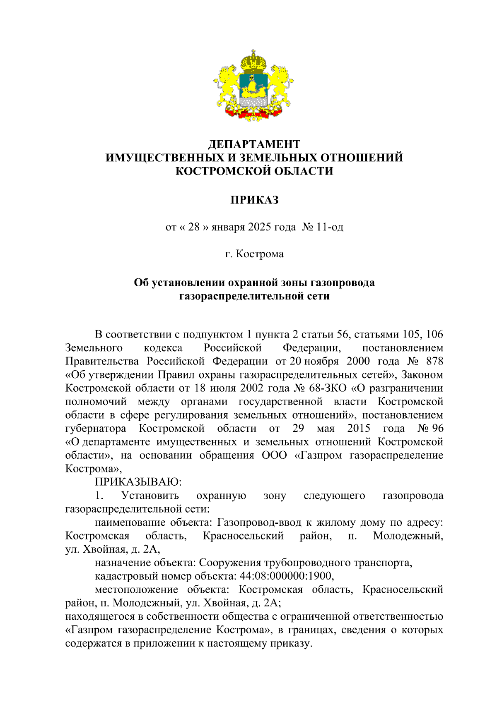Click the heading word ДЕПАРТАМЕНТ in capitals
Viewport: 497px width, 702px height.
(254, 144)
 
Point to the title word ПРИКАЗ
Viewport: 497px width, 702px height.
(254, 200)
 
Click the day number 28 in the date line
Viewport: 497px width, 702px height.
(193, 227)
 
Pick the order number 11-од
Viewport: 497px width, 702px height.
(330, 227)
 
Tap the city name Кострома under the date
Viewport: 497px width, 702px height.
(260, 254)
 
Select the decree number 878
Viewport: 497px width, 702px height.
(434, 361)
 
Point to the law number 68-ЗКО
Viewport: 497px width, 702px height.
(328, 388)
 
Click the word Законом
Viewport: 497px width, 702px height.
(422, 375)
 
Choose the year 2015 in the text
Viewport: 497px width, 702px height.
(358, 428)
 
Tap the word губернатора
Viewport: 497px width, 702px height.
(96, 428)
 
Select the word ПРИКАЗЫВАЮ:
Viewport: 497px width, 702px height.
(138, 482)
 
